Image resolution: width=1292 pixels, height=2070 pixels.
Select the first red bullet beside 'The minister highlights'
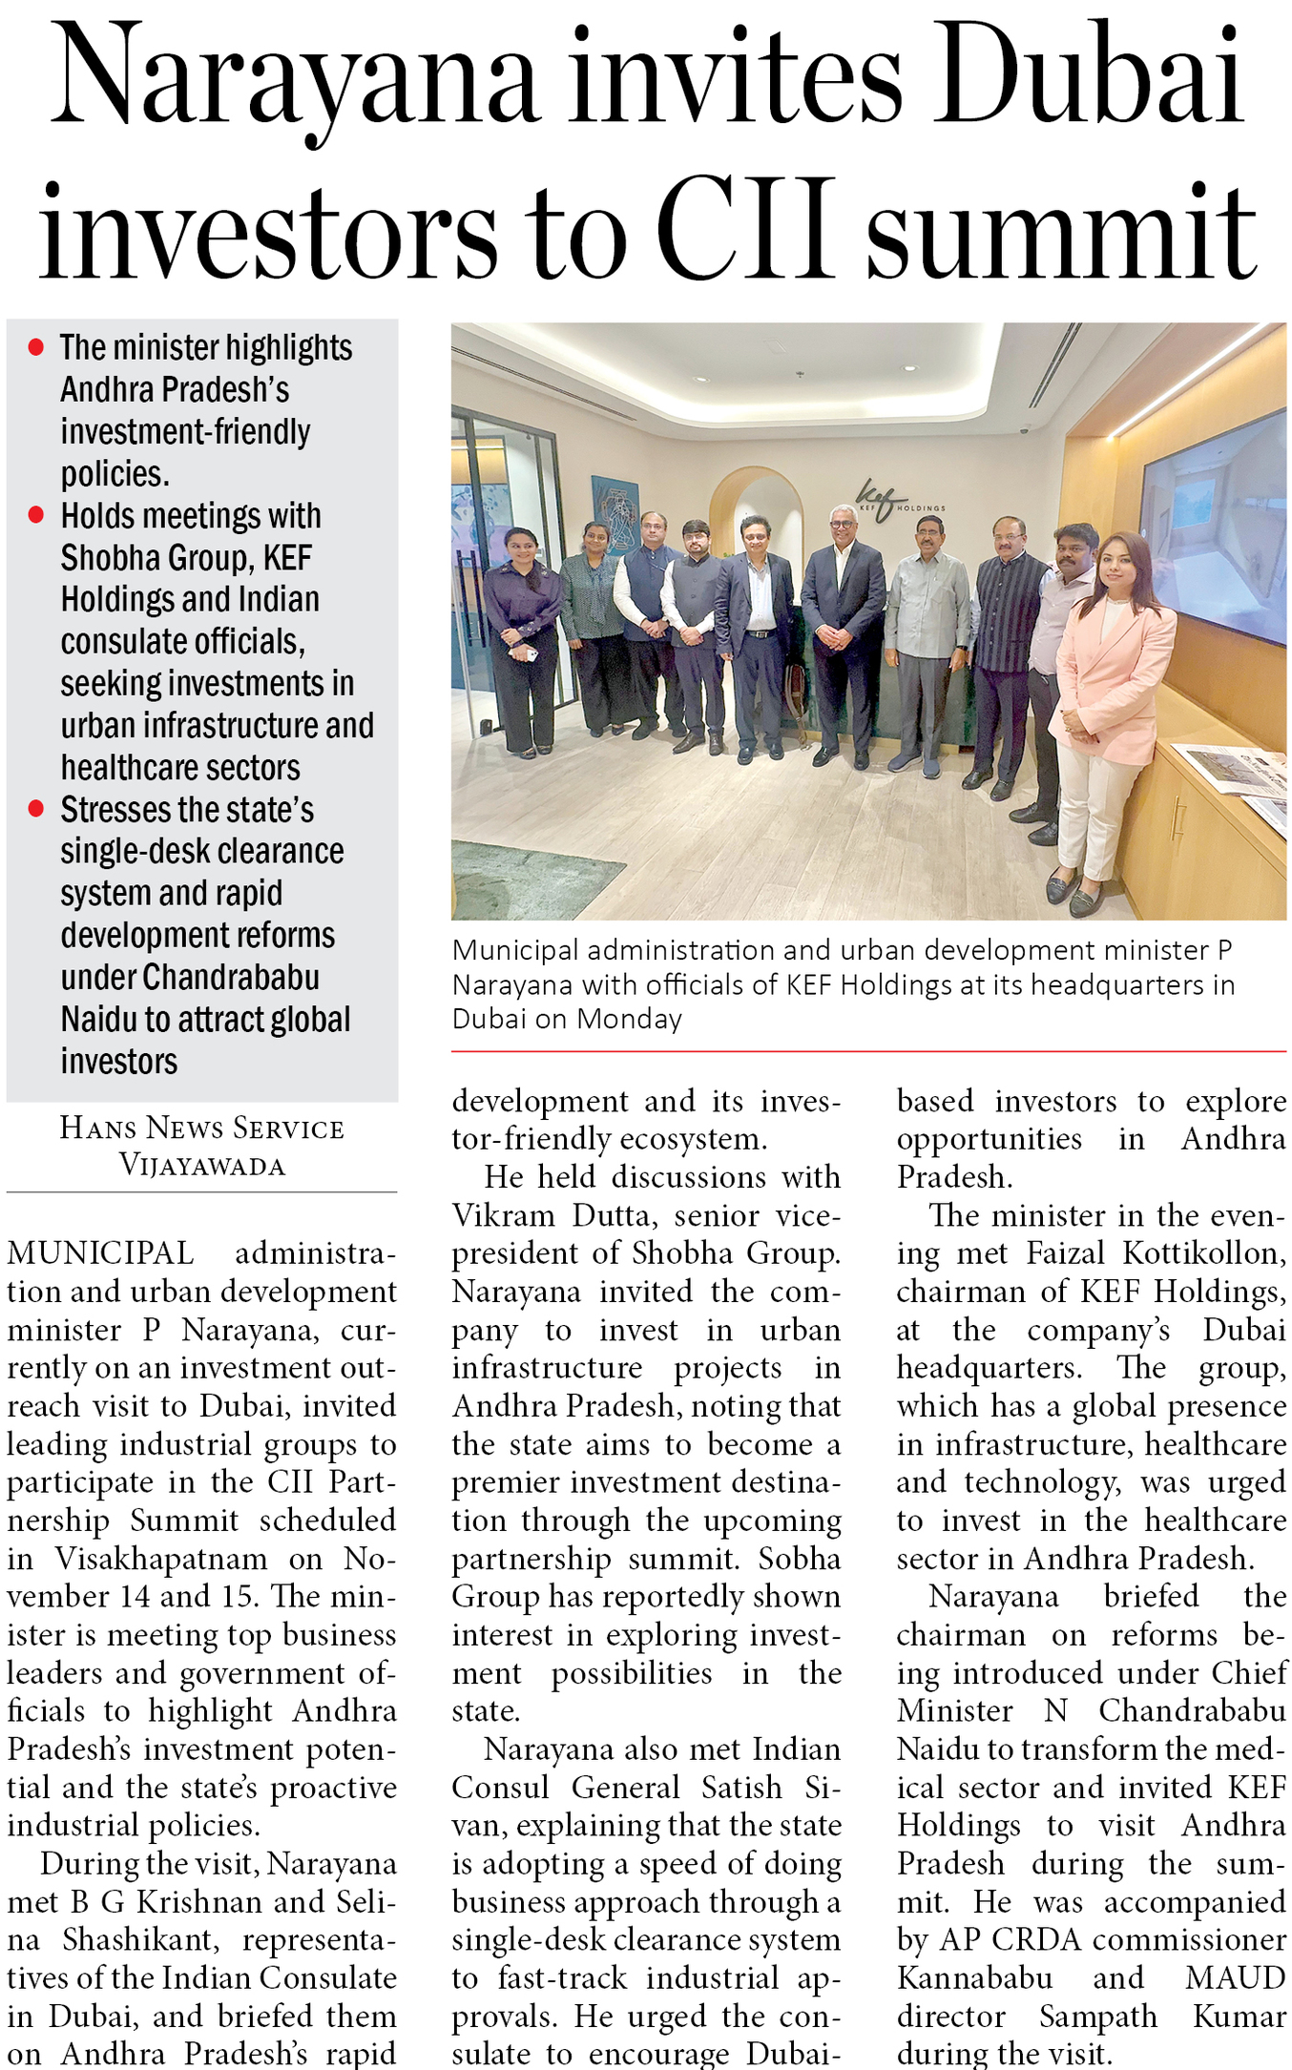click(36, 347)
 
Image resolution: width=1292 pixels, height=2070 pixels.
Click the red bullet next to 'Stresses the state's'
click(36, 809)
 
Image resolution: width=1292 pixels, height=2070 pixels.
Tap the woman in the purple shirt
click(522, 639)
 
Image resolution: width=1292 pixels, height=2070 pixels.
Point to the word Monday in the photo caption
click(629, 1019)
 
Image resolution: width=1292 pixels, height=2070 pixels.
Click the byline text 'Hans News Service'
click(201, 1128)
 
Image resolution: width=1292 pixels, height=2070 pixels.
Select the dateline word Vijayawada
click(201, 1165)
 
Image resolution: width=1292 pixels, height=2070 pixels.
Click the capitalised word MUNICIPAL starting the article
click(100, 1252)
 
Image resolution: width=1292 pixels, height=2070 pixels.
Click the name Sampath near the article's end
click(1097, 2016)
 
